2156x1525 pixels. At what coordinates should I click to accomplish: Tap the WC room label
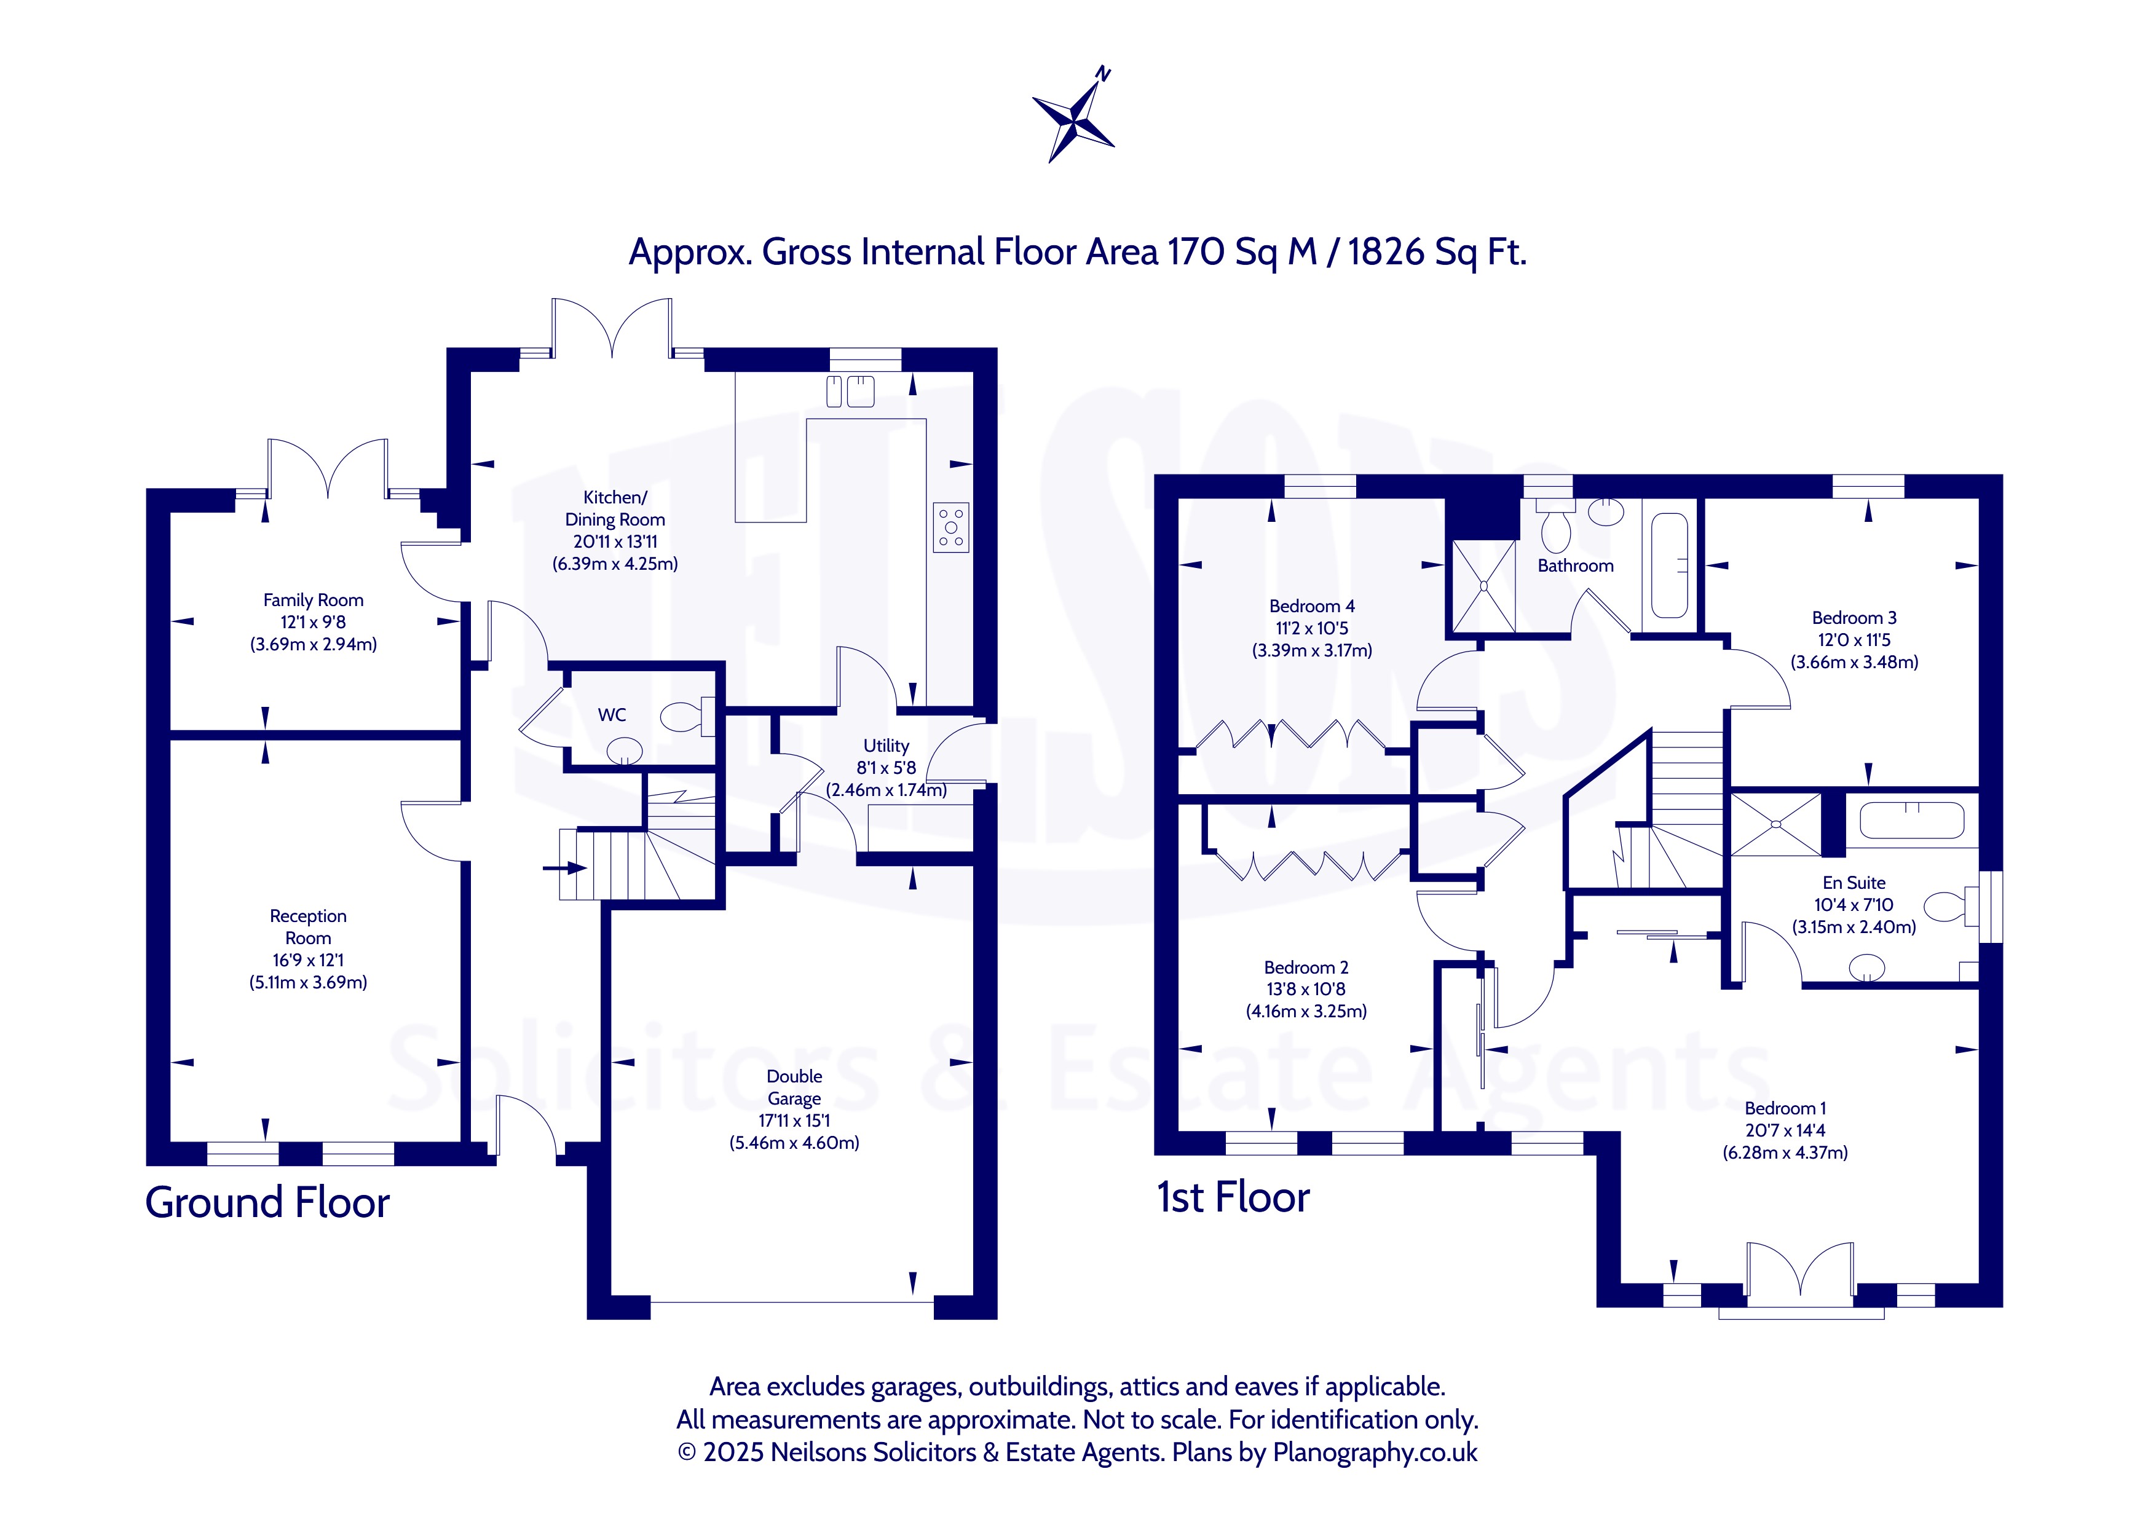[612, 715]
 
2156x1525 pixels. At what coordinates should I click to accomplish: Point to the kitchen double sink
[851, 392]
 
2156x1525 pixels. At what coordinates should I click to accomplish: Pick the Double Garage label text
[794, 1087]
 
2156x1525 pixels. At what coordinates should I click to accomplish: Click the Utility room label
[885, 746]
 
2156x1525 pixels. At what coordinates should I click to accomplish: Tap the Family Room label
[313, 600]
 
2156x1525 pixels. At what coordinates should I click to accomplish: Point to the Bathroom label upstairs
[1576, 565]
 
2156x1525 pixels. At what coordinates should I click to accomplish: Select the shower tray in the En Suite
[1775, 824]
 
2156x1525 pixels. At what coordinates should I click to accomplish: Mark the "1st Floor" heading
[1233, 1197]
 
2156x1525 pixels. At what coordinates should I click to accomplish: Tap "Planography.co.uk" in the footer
[1375, 1452]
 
